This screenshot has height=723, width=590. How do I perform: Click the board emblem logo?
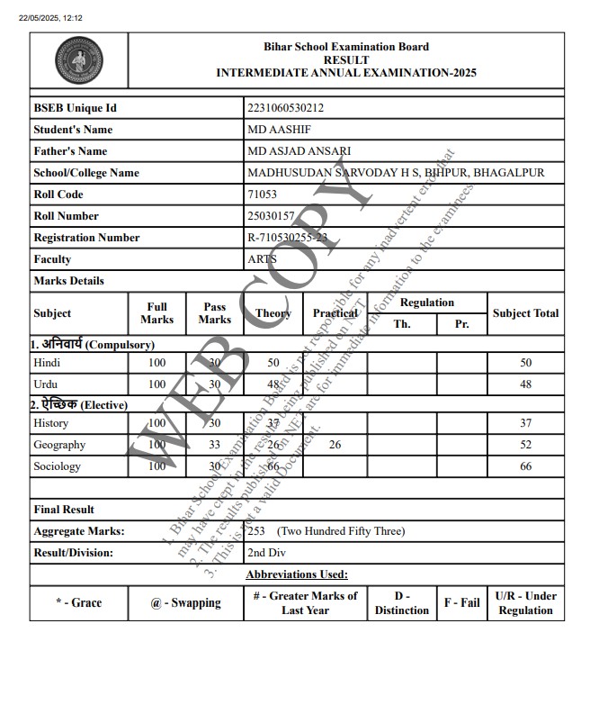click(x=78, y=61)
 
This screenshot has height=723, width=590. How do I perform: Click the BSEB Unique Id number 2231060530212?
click(x=285, y=108)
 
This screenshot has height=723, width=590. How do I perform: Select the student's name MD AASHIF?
click(x=275, y=130)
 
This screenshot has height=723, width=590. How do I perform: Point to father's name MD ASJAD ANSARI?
click(x=299, y=151)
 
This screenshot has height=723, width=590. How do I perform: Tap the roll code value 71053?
click(x=262, y=194)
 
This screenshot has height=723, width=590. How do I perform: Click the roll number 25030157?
click(x=271, y=216)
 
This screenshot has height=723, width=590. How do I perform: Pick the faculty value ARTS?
click(x=262, y=259)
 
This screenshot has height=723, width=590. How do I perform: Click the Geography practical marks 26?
click(x=335, y=445)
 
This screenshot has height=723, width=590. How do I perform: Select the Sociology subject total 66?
click(x=526, y=466)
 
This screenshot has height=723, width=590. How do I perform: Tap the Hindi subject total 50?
click(x=526, y=363)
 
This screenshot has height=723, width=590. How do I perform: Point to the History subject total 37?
click(x=526, y=423)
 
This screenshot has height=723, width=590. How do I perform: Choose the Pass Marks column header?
click(x=214, y=313)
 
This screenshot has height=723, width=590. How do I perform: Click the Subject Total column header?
click(x=526, y=313)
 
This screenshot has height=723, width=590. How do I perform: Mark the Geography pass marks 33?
click(x=214, y=445)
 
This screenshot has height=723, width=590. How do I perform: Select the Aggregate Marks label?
click(x=79, y=531)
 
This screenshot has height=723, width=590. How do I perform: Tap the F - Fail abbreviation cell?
click(x=462, y=602)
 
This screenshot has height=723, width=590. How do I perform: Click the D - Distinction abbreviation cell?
click(x=402, y=603)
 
